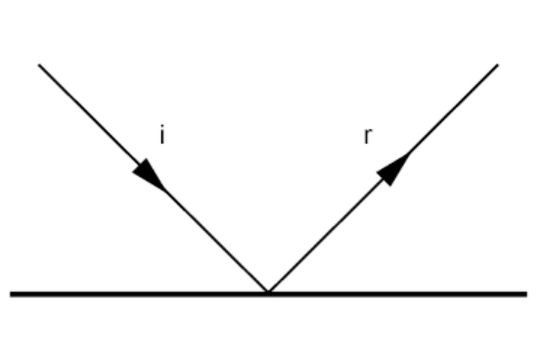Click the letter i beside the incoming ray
162,136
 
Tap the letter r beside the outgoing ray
367,136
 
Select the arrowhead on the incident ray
150,173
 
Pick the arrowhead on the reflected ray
391,169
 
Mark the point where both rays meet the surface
268,292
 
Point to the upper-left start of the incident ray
39,65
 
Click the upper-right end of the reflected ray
498,65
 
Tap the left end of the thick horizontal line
12,293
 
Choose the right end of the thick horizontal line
526,293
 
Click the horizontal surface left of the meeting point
137,293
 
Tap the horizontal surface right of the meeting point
401,293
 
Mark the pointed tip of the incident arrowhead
165,189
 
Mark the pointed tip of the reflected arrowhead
408,153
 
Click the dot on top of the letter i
162,128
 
